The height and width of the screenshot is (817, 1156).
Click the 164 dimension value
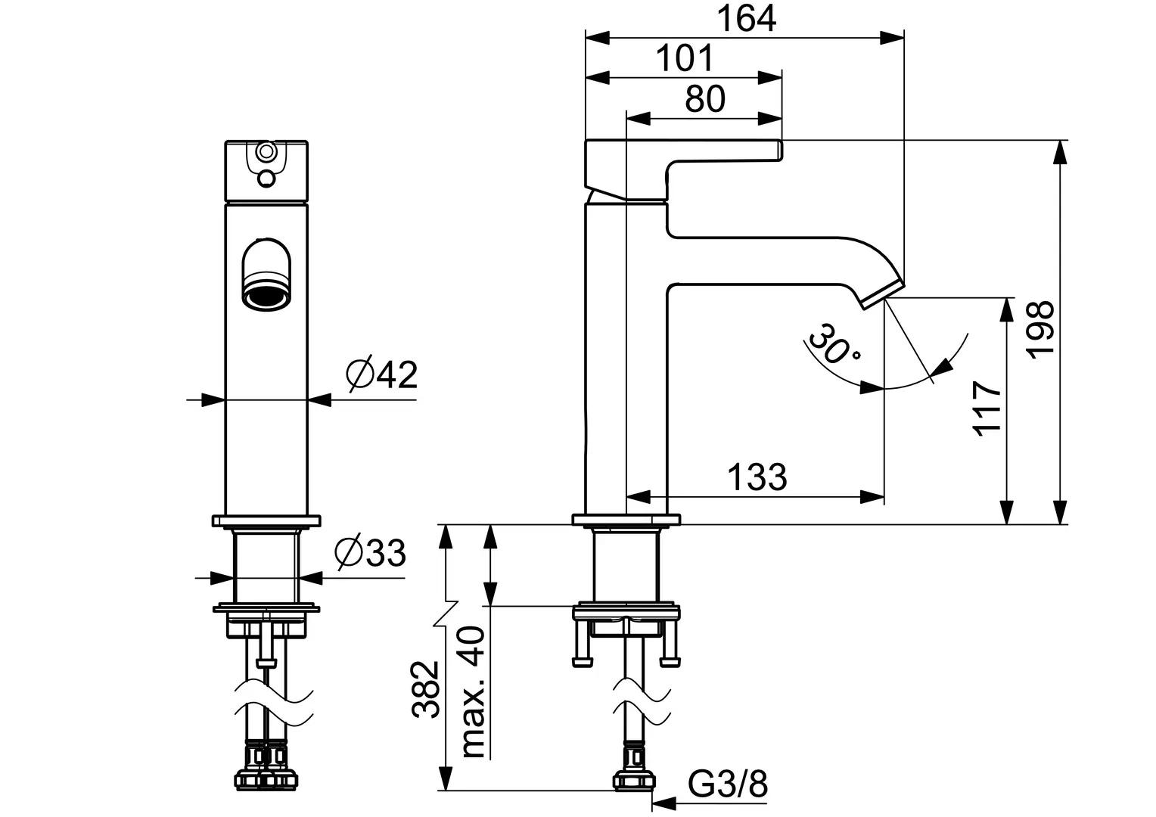746,18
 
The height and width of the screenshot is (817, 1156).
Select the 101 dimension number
684,58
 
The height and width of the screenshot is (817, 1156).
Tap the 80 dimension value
704,99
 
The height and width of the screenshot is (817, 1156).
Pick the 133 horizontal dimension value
757,477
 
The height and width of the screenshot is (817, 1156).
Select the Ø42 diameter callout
382,374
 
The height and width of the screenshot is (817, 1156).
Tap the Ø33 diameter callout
371,554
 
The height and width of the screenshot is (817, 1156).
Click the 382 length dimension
426,689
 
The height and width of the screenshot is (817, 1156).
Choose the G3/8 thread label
728,785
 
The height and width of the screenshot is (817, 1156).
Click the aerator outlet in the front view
266,296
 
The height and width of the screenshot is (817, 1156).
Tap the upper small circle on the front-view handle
266,152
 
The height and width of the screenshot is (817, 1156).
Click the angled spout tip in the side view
883,294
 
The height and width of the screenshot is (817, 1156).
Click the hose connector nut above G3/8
635,779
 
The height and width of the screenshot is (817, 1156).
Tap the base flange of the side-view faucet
626,520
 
